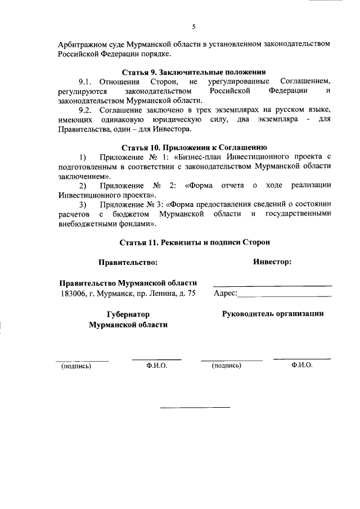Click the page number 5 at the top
(193, 26)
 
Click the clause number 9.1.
(88, 82)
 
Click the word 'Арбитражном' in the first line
(82, 43)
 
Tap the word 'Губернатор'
(128, 314)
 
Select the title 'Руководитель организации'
(273, 313)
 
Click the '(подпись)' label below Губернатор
(76, 366)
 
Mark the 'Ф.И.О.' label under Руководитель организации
(302, 365)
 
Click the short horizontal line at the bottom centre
(195, 407)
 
